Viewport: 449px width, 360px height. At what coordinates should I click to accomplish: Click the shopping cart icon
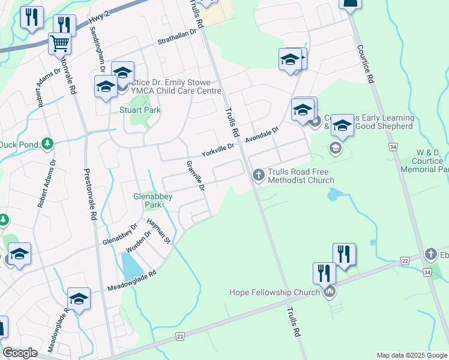(59, 43)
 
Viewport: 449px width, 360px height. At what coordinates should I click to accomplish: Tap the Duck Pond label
(18, 145)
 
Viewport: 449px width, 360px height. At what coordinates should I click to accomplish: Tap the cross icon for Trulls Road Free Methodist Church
(258, 175)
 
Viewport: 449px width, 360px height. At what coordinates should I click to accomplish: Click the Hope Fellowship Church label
(275, 292)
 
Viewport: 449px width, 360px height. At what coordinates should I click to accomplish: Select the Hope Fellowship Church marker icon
(328, 292)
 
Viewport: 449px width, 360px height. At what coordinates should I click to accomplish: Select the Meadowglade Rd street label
(132, 281)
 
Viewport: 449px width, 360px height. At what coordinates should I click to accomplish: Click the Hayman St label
(160, 232)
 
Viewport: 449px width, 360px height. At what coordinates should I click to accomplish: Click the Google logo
(20, 353)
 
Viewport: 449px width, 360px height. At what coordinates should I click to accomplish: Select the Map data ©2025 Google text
(412, 355)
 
